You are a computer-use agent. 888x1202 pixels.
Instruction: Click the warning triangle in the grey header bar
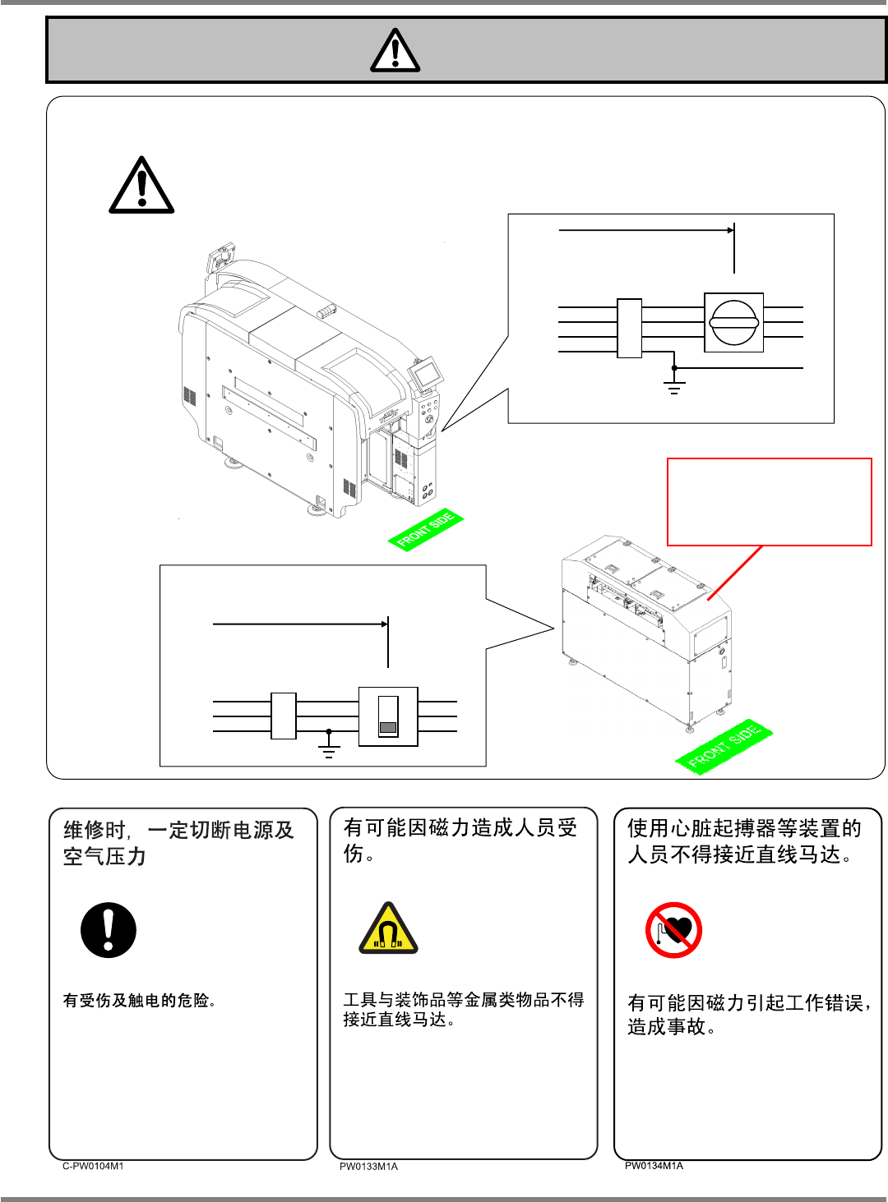point(395,51)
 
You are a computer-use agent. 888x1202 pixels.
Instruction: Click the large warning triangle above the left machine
point(141,187)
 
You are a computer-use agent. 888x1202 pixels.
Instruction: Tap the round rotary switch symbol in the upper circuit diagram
point(733,322)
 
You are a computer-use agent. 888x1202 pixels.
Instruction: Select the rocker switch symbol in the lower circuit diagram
point(388,716)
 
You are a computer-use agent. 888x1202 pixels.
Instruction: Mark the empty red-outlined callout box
point(769,501)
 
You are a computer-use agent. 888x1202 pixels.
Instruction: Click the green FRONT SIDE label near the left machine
point(425,529)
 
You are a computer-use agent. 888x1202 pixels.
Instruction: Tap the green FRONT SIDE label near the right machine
point(724,747)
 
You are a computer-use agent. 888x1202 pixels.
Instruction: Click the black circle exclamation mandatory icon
point(109,930)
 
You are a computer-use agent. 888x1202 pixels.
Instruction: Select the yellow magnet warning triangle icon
point(388,930)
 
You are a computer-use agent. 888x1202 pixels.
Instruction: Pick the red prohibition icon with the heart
point(673,930)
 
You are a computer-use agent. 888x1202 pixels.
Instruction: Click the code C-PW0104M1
point(93,1166)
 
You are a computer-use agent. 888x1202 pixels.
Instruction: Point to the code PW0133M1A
point(368,1167)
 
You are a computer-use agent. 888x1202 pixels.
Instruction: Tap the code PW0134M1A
point(654,1166)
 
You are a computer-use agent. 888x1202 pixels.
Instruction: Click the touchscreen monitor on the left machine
point(425,375)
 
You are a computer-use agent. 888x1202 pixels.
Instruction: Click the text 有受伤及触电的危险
point(140,1001)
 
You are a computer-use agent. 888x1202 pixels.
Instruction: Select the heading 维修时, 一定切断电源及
point(178,830)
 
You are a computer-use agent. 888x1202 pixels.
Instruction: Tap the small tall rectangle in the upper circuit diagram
point(629,328)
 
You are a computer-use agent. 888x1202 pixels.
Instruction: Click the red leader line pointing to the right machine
point(734,573)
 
